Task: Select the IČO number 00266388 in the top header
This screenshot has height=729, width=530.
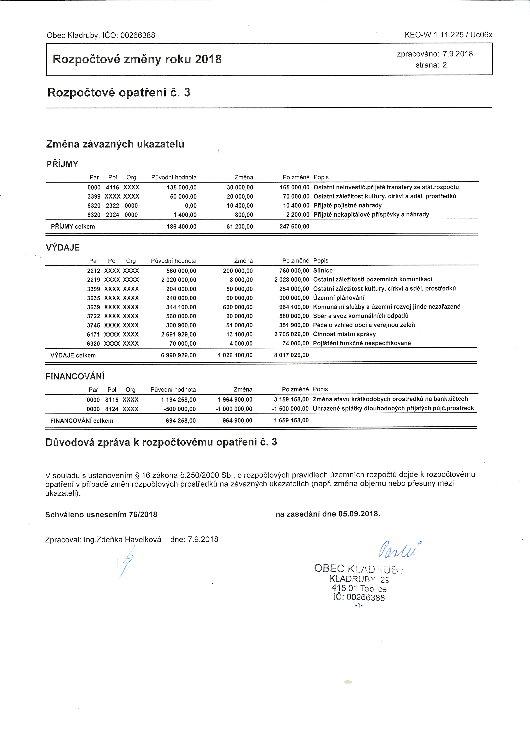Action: click(138, 35)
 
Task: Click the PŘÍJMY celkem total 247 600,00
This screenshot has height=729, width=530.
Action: click(294, 227)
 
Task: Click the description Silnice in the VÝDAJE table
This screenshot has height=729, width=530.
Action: click(323, 271)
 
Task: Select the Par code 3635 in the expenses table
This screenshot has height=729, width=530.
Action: click(94, 298)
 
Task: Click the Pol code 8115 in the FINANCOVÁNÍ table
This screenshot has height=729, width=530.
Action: click(112, 400)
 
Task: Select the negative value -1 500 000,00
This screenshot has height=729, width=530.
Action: click(290, 409)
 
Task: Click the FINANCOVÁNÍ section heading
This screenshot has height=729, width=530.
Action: click(75, 376)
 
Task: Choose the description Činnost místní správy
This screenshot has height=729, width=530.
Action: click(344, 334)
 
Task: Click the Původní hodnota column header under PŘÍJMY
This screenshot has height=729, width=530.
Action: click(174, 177)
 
